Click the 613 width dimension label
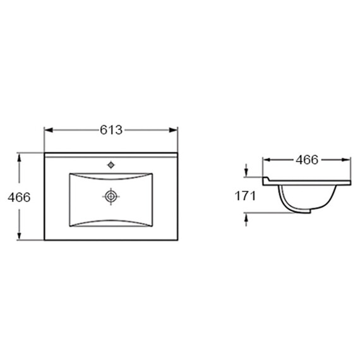[111, 130]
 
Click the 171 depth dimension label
[245, 196]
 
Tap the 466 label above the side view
[307, 160]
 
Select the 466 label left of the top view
[19, 197]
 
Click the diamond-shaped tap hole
[111, 165]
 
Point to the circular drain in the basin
[111, 196]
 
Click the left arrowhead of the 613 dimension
[49, 130]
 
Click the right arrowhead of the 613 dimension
[173, 130]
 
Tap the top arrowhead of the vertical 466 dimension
[20, 157]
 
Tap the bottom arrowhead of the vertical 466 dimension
[20, 236]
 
